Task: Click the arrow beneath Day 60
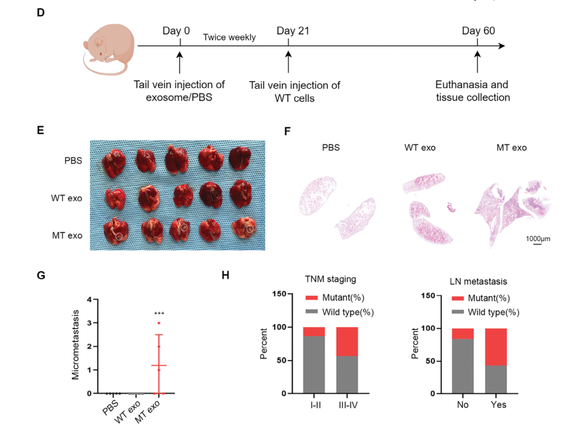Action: coord(477,62)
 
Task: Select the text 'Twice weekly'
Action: coord(229,38)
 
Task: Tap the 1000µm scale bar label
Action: coord(538,239)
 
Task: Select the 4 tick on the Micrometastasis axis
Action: coord(89,300)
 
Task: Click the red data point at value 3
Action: coord(159,324)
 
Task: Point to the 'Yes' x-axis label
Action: coord(498,405)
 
